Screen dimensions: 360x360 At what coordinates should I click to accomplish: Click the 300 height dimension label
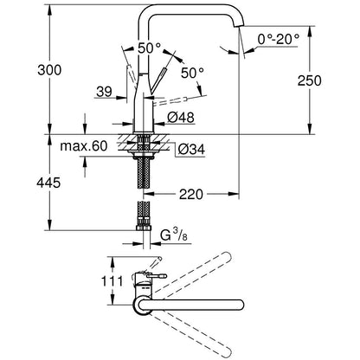pyautogui.click(x=49, y=70)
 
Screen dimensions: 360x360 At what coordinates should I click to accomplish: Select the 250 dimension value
pyautogui.click(x=309, y=80)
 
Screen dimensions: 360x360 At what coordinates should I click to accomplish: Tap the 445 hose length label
pyautogui.click(x=48, y=183)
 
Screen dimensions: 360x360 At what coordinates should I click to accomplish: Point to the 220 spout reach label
pyautogui.click(x=191, y=195)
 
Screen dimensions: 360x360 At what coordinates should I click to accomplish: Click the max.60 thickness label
pyautogui.click(x=84, y=146)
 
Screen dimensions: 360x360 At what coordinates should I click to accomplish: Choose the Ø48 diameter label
pyautogui.click(x=181, y=118)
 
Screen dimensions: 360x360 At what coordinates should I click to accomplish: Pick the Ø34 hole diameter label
pyautogui.click(x=191, y=149)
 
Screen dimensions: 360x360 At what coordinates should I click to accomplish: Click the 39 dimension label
pyautogui.click(x=104, y=92)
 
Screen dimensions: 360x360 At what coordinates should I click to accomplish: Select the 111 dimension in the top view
pyautogui.click(x=112, y=281)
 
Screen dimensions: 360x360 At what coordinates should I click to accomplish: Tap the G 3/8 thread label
pyautogui.click(x=174, y=236)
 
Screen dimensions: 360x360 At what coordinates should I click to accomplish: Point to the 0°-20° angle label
pyautogui.click(x=279, y=39)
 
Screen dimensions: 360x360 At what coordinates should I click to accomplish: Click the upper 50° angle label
pyautogui.click(x=149, y=48)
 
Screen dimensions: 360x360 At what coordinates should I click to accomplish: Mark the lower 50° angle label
pyautogui.click(x=192, y=73)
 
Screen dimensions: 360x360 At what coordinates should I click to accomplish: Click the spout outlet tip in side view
pyautogui.click(x=239, y=27)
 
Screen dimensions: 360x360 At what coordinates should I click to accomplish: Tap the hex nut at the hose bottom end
pyautogui.click(x=144, y=228)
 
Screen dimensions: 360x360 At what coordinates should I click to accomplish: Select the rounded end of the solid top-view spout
pyautogui.click(x=240, y=305)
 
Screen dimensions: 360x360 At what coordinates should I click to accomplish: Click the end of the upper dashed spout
pyautogui.click(x=226, y=256)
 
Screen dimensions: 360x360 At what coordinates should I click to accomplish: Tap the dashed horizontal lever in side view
pyautogui.click(x=170, y=102)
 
